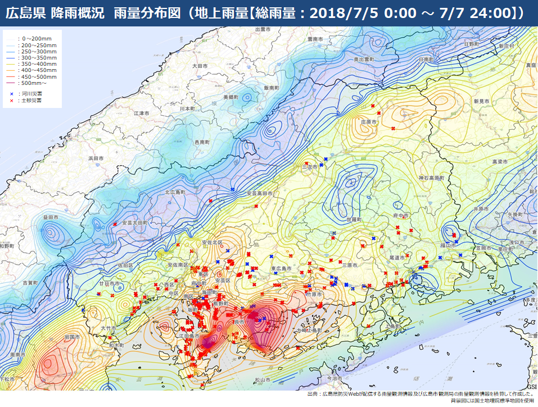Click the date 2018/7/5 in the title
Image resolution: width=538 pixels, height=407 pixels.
click(x=341, y=13)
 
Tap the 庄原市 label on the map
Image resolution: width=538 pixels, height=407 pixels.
click(x=368, y=121)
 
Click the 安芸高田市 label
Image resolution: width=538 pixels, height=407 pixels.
click(x=259, y=193)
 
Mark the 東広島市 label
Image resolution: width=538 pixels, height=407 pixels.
click(x=281, y=269)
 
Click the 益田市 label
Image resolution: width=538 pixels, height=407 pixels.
click(x=51, y=216)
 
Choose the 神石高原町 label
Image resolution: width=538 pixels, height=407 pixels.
click(x=431, y=178)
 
